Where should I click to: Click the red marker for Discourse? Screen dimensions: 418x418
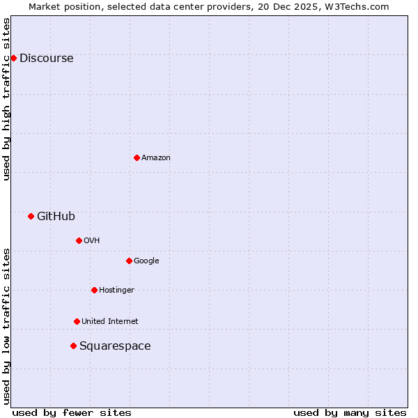click(x=13, y=58)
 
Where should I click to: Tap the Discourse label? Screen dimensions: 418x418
click(x=46, y=59)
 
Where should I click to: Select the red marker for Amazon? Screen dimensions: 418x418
click(x=137, y=157)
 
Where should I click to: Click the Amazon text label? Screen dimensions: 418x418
click(x=155, y=158)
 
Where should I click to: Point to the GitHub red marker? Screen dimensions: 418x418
click(x=31, y=216)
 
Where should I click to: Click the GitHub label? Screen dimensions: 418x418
click(x=56, y=217)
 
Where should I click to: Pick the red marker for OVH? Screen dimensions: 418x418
click(x=79, y=240)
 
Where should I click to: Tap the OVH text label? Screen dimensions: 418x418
click(x=91, y=241)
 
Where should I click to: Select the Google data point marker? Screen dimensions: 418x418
click(x=129, y=261)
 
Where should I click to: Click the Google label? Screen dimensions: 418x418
click(x=146, y=261)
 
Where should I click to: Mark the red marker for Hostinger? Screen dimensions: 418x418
click(x=94, y=290)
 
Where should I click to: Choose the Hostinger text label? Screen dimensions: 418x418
click(x=116, y=291)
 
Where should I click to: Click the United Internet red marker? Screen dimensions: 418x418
click(x=77, y=321)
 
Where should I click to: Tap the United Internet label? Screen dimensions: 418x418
click(x=109, y=322)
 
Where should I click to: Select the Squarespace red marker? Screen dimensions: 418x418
click(x=73, y=346)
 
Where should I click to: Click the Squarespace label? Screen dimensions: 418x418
click(x=115, y=346)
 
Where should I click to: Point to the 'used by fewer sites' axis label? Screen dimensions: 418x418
click(x=72, y=412)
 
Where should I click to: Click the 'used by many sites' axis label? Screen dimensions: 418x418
click(x=350, y=412)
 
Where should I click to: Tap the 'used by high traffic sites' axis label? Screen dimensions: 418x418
click(x=6, y=98)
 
